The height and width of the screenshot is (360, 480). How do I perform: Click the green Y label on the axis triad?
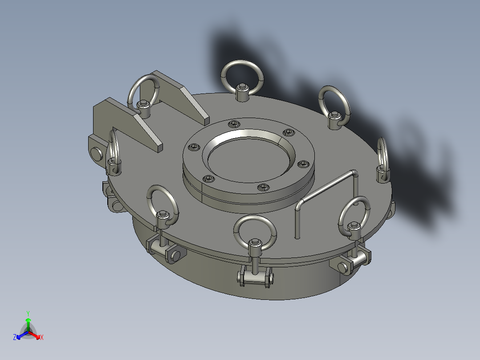coord(28,313)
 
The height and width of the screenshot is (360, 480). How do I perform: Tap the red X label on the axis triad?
coord(41,338)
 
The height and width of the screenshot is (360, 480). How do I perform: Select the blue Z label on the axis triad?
coord(15,338)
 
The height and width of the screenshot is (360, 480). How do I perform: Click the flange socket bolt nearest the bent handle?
coord(303,164)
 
